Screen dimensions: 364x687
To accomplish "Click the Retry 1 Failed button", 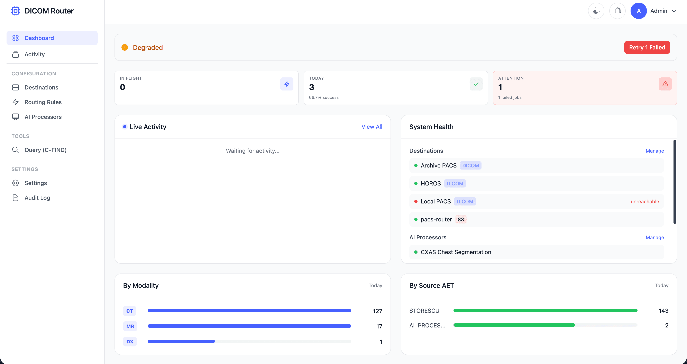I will (x=647, y=47).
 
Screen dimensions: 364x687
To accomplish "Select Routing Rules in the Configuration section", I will (x=43, y=102).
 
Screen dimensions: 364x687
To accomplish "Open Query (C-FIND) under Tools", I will (x=45, y=150).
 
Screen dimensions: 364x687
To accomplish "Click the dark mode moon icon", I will (x=596, y=11).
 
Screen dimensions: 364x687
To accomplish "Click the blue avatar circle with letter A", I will (x=639, y=11).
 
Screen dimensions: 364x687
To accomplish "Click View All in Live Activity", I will (x=372, y=127).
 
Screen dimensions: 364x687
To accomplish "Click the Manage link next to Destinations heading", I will (x=654, y=151).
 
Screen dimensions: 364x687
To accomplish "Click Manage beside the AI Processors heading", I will (x=654, y=237).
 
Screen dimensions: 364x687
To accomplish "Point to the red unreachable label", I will (x=645, y=201).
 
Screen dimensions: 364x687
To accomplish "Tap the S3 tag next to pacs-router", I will (x=461, y=220).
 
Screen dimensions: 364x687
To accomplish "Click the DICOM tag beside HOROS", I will (x=455, y=184).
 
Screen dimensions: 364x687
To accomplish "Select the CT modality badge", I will (x=130, y=311).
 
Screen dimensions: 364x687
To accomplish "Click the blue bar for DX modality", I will (x=181, y=341).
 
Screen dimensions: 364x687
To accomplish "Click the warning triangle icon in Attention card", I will (x=665, y=84).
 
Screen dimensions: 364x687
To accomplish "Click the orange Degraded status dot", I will (x=125, y=47).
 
